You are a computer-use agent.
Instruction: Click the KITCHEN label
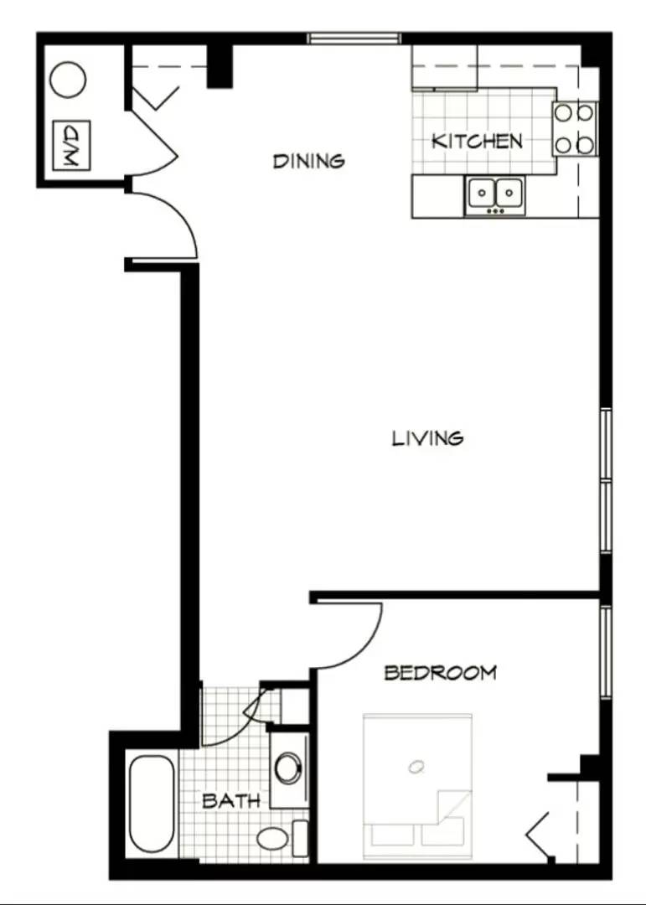point(477,141)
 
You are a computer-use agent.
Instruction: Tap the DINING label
point(308,160)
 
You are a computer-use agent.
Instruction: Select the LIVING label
point(427,437)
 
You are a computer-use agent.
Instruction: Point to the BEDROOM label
point(440,672)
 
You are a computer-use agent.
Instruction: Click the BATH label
point(230,800)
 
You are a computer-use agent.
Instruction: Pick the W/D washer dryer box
point(71,147)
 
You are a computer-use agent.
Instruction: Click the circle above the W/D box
point(68,81)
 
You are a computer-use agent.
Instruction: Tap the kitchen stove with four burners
point(575,129)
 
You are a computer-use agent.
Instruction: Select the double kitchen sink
point(494,194)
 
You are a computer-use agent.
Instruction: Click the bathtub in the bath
point(152,804)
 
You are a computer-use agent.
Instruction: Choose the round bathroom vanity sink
point(289,768)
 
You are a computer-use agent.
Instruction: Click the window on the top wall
point(354,38)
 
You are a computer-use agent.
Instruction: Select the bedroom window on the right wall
point(605,652)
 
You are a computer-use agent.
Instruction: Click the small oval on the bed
point(416,765)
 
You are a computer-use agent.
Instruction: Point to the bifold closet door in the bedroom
point(540,834)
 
